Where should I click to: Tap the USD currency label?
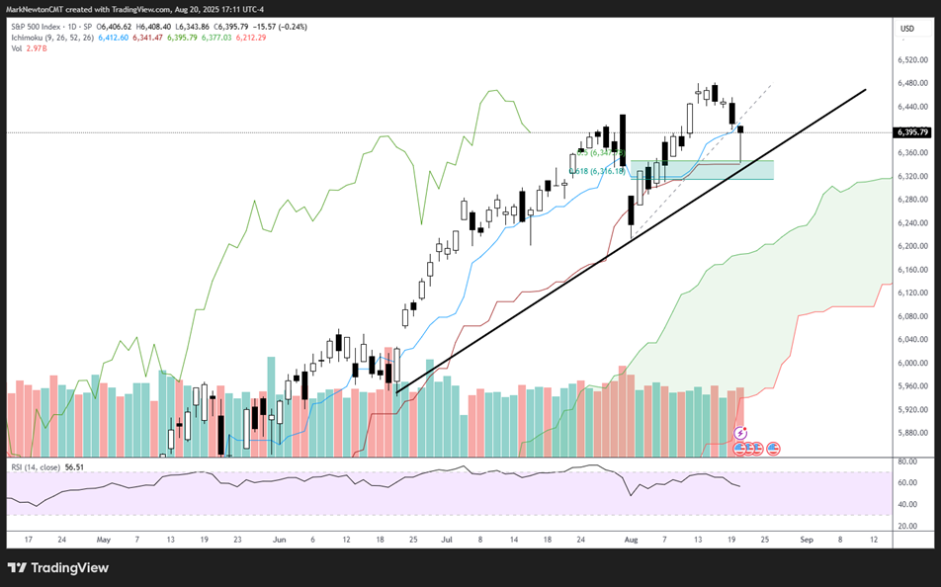906,28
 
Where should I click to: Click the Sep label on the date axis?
806,541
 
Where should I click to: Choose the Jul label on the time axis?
447,541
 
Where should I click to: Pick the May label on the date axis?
103,541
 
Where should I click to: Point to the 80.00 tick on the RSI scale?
909,461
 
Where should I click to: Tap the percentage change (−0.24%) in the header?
292,27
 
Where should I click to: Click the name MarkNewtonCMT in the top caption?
35,8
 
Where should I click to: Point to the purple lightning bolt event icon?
740,432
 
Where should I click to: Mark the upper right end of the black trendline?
866,90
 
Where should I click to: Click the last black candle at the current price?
740,129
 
